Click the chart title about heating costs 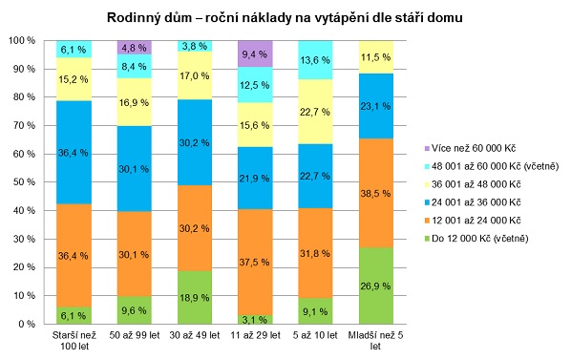[285, 17]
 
